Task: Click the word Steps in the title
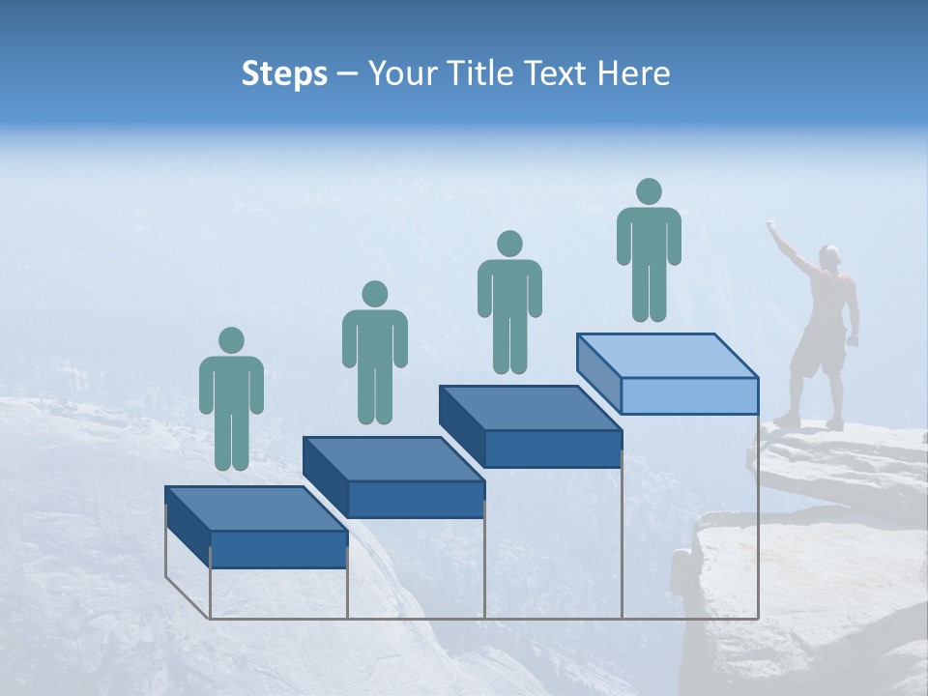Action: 284,73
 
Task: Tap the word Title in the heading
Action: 485,73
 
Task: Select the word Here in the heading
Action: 632,73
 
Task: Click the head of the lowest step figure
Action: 231,340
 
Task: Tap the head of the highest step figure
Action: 649,191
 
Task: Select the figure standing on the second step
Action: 374,353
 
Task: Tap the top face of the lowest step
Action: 255,508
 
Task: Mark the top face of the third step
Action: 530,407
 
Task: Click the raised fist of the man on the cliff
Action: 771,226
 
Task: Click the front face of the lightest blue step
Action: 689,395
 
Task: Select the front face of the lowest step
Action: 278,549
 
